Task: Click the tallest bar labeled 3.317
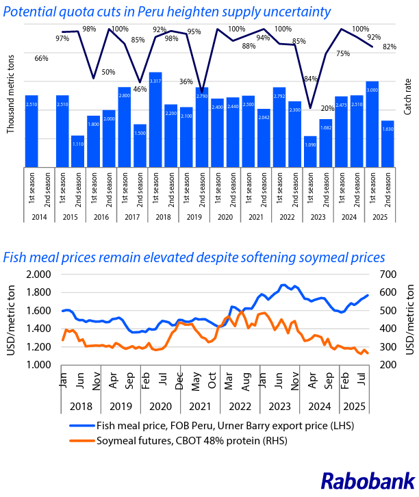[x=155, y=119]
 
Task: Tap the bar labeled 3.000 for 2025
[x=372, y=123]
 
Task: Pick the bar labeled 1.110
[x=78, y=151]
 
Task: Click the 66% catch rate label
[x=41, y=59]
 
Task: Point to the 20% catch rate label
[x=327, y=109]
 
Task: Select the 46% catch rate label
[x=140, y=89]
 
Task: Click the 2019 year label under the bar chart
[x=194, y=217]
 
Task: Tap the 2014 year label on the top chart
[x=39, y=217]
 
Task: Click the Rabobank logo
[x=368, y=481]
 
